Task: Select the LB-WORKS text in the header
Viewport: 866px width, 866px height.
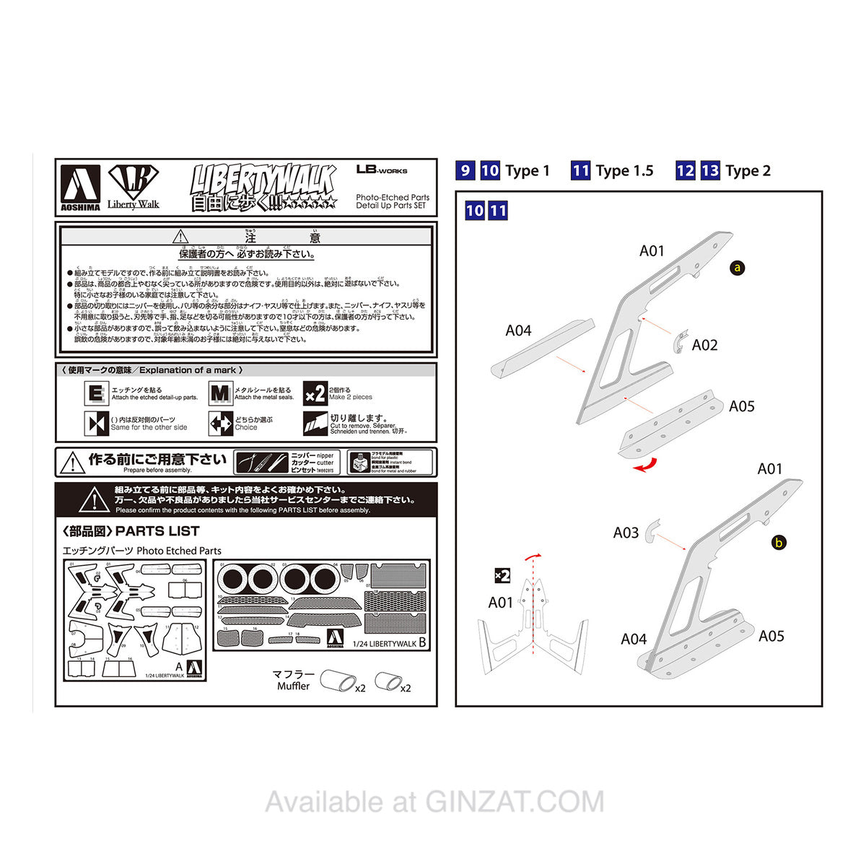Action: (x=382, y=170)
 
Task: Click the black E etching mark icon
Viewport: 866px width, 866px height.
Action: (x=96, y=394)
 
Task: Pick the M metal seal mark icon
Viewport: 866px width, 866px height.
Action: (x=220, y=394)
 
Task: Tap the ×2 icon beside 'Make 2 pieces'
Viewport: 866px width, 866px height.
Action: (x=315, y=394)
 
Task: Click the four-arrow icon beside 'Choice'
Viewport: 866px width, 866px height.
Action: (x=220, y=424)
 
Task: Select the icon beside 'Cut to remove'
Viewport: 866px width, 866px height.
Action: (x=315, y=424)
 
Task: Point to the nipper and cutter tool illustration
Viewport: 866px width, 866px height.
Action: (x=261, y=462)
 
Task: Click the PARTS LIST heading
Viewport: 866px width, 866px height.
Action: (x=131, y=532)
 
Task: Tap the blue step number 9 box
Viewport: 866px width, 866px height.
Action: (x=465, y=170)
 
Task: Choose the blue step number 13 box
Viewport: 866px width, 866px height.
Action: (x=710, y=170)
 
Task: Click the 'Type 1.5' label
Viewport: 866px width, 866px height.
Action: (x=624, y=171)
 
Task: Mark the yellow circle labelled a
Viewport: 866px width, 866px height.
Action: (x=737, y=268)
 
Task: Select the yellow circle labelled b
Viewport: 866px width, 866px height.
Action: (x=778, y=543)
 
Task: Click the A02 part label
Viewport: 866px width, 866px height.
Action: (x=704, y=345)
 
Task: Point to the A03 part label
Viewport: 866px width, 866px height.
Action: (x=626, y=533)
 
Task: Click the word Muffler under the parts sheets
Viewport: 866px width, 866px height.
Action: (x=293, y=686)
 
